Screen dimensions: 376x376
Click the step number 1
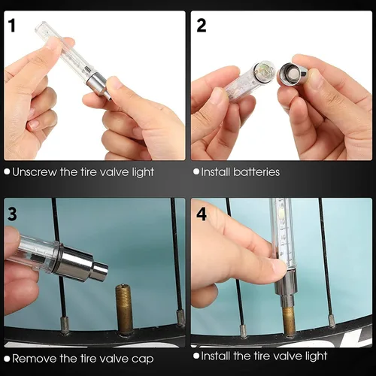(11, 26)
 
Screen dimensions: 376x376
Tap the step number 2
(201, 26)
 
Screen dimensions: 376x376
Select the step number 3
(12, 214)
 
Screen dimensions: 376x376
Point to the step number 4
(202, 214)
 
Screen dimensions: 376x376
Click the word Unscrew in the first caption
(35, 172)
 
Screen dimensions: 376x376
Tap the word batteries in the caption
(256, 172)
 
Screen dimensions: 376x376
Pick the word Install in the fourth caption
(216, 356)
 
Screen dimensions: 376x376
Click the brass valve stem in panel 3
(124, 310)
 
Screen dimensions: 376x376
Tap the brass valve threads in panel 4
(289, 321)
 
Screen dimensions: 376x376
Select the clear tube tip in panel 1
(41, 28)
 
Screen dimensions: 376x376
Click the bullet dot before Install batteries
(196, 171)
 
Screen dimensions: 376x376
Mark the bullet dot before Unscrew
(7, 171)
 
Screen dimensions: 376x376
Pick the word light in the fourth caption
(317, 356)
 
